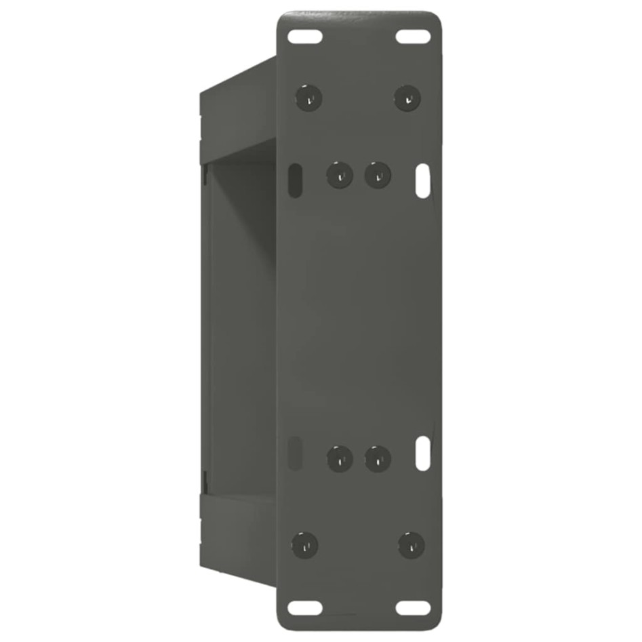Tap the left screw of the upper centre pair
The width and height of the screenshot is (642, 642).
339,176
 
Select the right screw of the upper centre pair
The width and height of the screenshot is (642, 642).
378,176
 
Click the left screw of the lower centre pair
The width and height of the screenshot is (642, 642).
339,459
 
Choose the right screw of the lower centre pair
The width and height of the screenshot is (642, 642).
378,459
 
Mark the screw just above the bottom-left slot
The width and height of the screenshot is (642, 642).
304,544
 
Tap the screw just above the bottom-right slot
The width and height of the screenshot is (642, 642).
411,544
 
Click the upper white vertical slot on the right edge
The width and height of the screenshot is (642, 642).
422,180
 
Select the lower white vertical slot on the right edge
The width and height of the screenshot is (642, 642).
422,453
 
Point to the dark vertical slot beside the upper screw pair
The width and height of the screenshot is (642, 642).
294,180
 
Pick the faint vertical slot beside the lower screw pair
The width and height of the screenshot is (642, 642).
296,453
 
